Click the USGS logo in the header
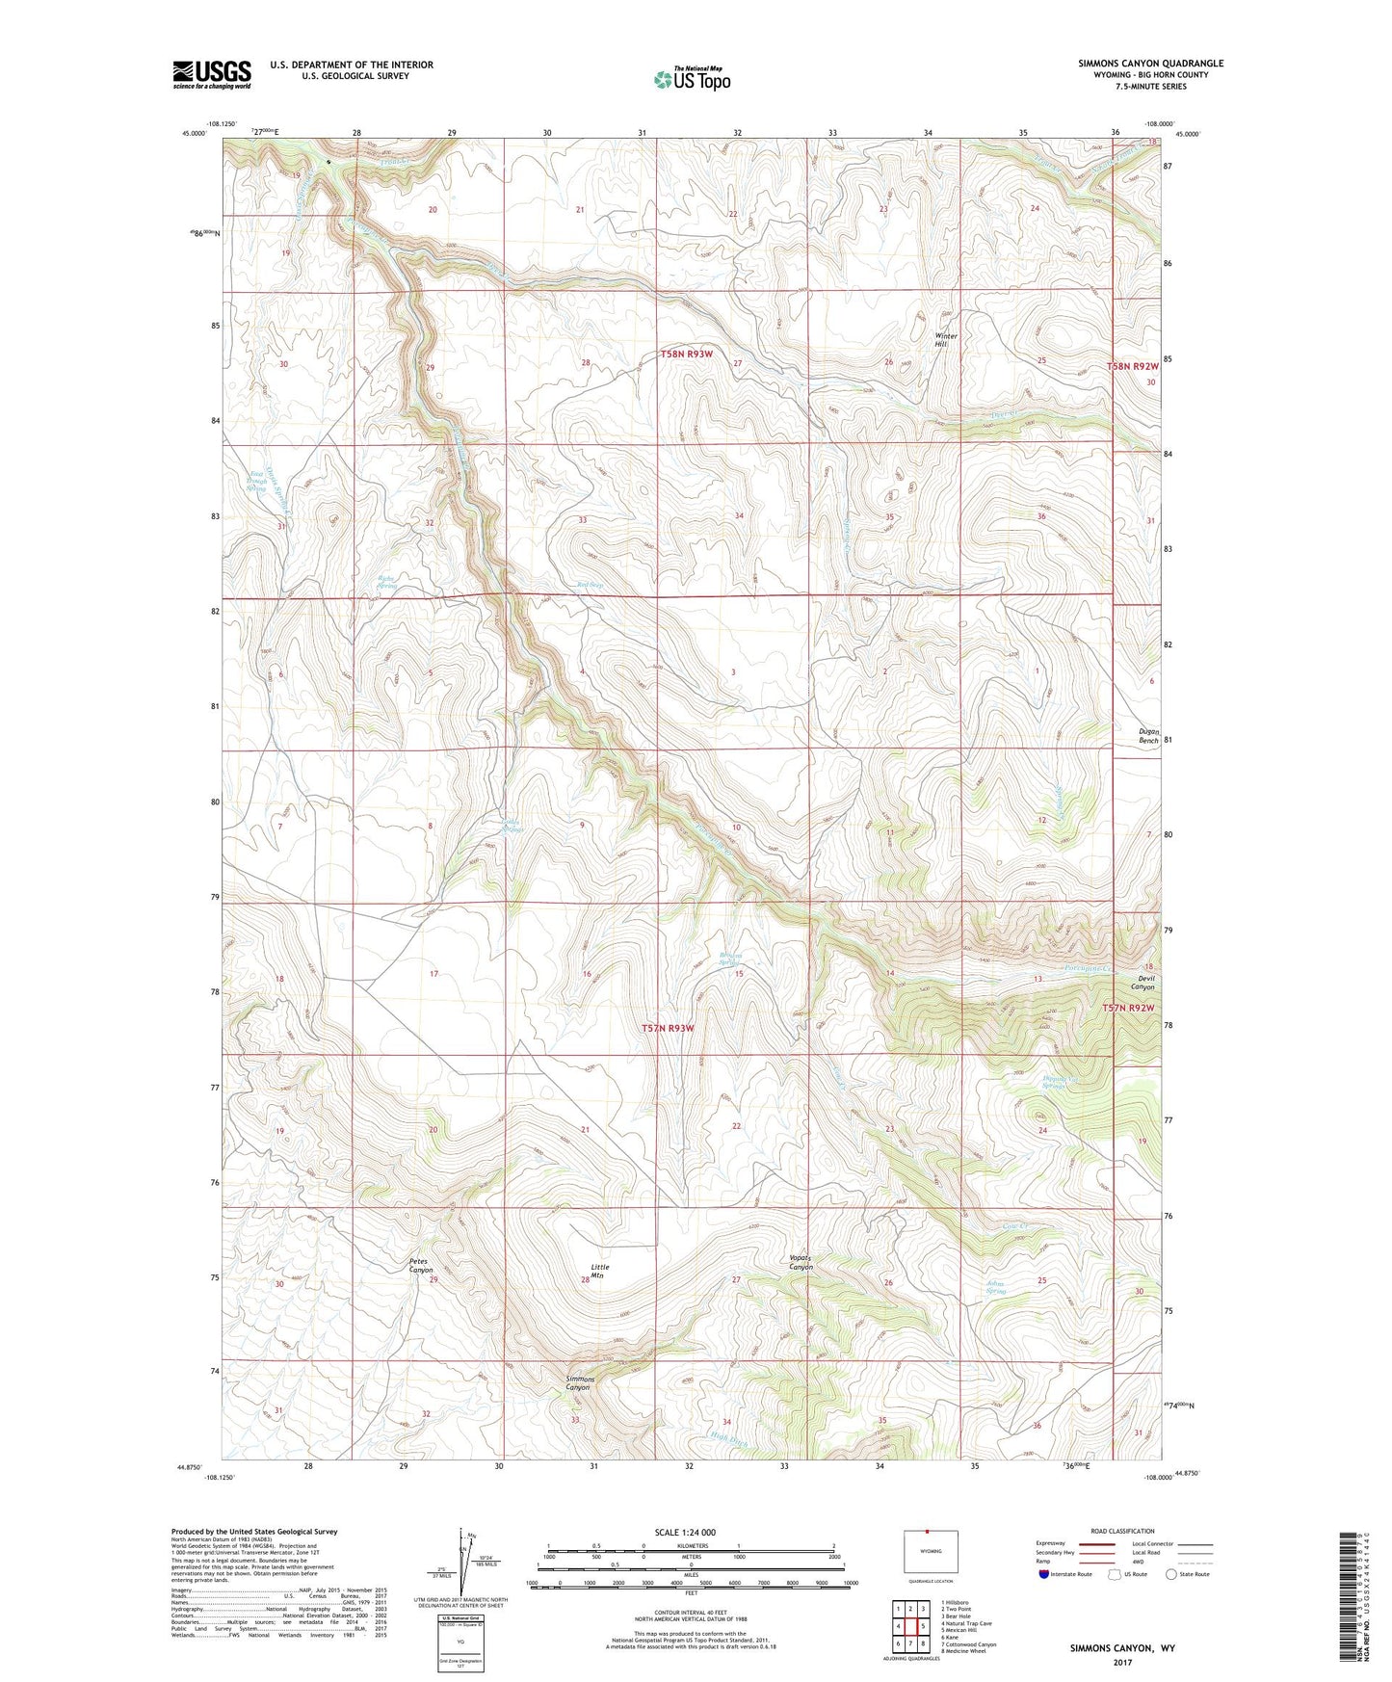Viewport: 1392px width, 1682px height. [212, 74]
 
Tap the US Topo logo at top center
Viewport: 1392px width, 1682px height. [691, 79]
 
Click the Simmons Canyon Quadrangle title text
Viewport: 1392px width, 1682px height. [1150, 64]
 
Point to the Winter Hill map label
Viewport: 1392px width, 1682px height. [947, 340]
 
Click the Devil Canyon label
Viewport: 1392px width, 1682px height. [1142, 983]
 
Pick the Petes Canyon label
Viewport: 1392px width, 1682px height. [422, 1265]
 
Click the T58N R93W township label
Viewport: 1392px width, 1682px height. [687, 355]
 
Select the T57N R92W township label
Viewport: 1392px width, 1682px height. [1130, 1008]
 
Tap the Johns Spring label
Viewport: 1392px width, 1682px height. [996, 1286]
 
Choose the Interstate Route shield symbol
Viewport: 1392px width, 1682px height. [1044, 1574]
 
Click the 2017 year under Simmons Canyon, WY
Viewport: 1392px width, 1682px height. [1122, 1662]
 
